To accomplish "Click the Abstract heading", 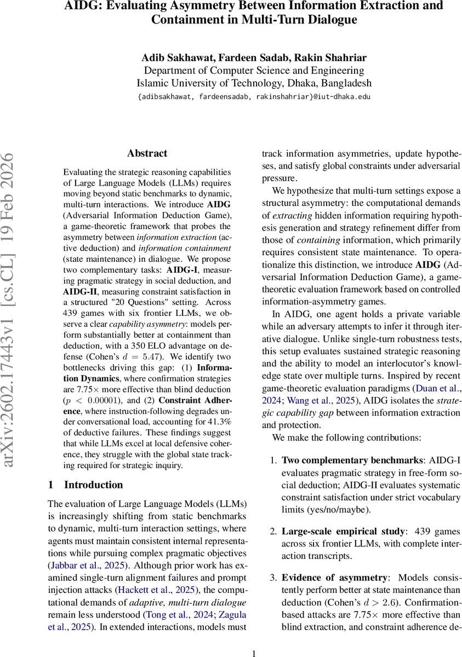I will coord(147,153).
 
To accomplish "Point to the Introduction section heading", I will coord(93,485).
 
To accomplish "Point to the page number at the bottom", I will coord(254,653).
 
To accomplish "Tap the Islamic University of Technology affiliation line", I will coord(254,83).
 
